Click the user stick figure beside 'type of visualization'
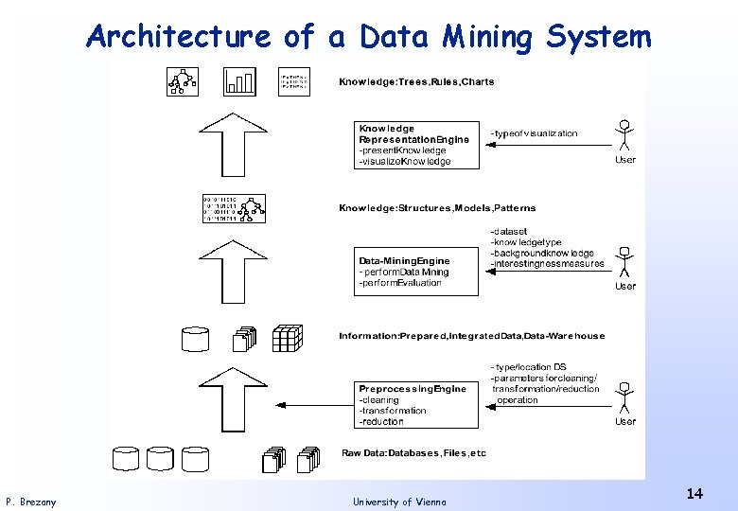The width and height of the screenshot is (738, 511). [624, 135]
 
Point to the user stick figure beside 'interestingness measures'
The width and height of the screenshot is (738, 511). [624, 262]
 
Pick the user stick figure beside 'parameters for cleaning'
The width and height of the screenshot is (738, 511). [624, 397]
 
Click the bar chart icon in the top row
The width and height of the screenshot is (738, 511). [239, 82]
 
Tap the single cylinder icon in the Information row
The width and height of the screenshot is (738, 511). [195, 338]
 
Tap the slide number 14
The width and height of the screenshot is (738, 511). [694, 493]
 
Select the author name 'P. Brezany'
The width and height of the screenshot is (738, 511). [30, 502]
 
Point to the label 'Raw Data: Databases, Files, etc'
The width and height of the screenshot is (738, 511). [413, 453]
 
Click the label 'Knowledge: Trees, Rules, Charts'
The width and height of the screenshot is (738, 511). [416, 82]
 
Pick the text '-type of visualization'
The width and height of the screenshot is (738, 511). [534, 133]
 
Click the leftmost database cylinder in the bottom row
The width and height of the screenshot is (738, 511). [127, 459]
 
